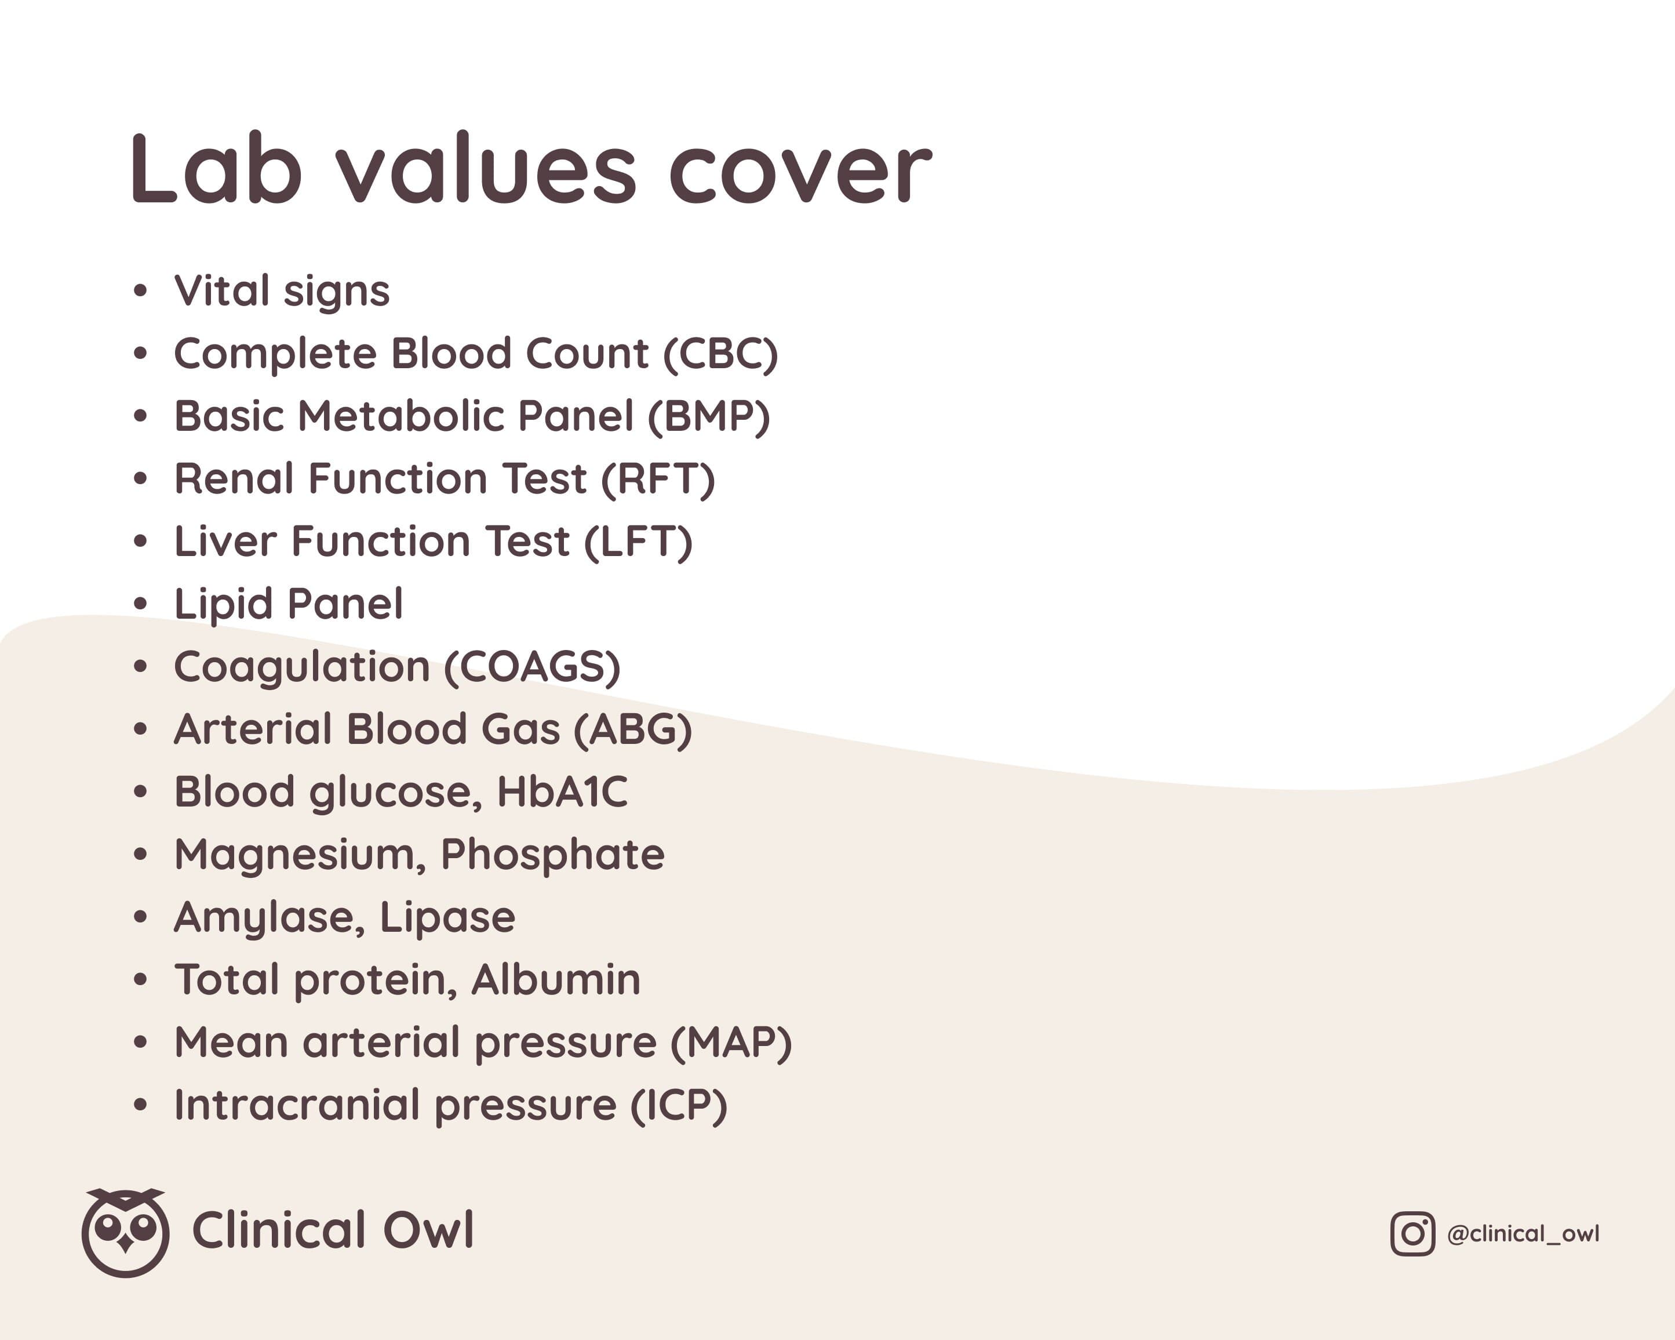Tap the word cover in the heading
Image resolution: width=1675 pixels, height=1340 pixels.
click(x=800, y=176)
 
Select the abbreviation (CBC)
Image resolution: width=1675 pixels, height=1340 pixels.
click(x=720, y=354)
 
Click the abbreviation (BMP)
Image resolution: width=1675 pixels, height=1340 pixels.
click(x=708, y=417)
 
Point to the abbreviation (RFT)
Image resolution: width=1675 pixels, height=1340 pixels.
click(x=658, y=480)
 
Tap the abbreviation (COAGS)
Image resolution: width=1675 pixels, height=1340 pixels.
click(x=532, y=667)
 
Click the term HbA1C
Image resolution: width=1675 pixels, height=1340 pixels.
click(x=562, y=792)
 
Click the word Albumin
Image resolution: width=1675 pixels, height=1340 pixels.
click(x=555, y=979)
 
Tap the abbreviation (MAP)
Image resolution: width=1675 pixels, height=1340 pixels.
click(x=731, y=1043)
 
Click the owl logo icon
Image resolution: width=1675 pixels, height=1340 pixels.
click(x=125, y=1233)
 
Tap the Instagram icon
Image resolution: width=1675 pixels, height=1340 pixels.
click(x=1412, y=1233)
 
